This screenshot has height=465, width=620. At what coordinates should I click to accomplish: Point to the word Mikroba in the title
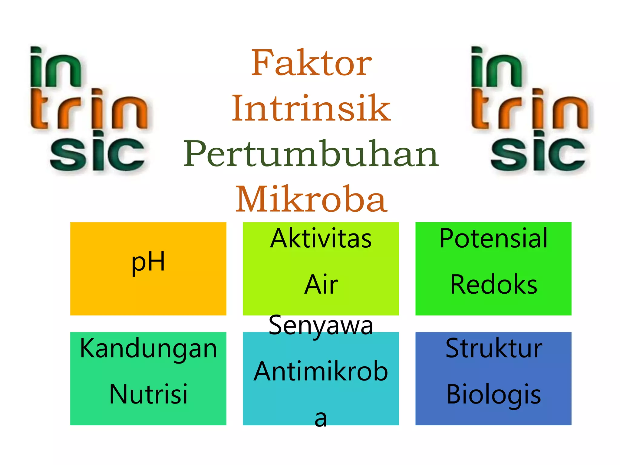coord(311,199)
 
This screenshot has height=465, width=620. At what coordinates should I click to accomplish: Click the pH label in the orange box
coord(148,262)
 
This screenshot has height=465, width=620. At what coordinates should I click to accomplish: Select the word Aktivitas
coord(321,239)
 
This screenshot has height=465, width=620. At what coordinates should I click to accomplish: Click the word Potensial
coord(493,239)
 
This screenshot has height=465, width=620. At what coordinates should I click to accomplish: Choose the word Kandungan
coord(148,349)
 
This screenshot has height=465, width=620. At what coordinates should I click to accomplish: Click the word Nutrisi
coord(148,394)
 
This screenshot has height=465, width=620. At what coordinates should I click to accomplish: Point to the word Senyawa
coord(321,326)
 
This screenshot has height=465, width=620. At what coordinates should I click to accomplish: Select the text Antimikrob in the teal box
coord(321,371)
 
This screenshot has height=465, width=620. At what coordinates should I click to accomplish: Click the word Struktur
coord(493,349)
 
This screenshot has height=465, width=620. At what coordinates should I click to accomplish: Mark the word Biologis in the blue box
coord(493,395)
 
